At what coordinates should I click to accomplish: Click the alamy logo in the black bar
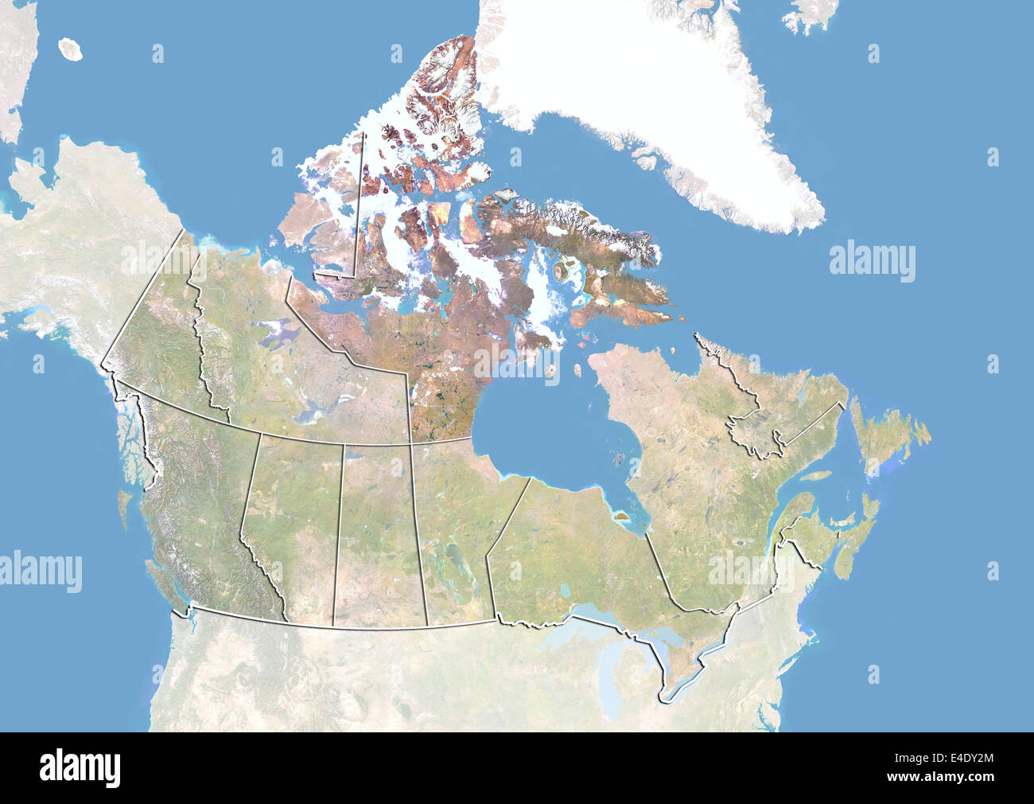(x=80, y=767)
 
